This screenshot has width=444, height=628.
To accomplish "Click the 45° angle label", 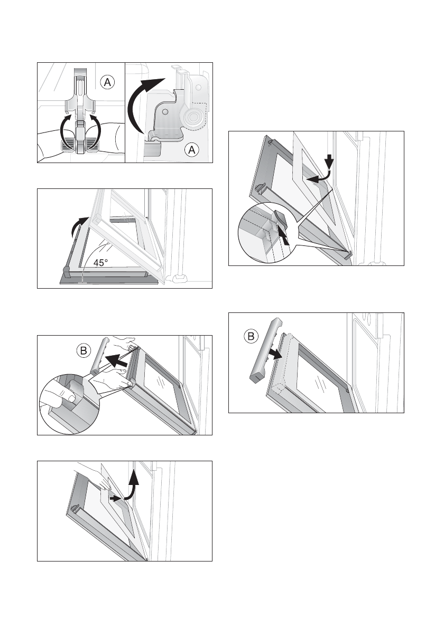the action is pos(100,263).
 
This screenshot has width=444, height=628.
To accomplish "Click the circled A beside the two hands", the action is pos(107,82).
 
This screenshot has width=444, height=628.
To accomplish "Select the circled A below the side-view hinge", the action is pos(192,150).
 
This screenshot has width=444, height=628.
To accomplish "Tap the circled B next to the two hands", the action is pos(84,351).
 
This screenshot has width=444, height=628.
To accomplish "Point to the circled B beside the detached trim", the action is pos(251,336).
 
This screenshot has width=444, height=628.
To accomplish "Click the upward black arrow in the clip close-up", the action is pos(283,237).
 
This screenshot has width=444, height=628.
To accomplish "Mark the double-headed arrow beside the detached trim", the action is pos(275,354).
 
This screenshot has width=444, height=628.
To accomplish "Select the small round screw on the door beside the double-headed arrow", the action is pos(347,390).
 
